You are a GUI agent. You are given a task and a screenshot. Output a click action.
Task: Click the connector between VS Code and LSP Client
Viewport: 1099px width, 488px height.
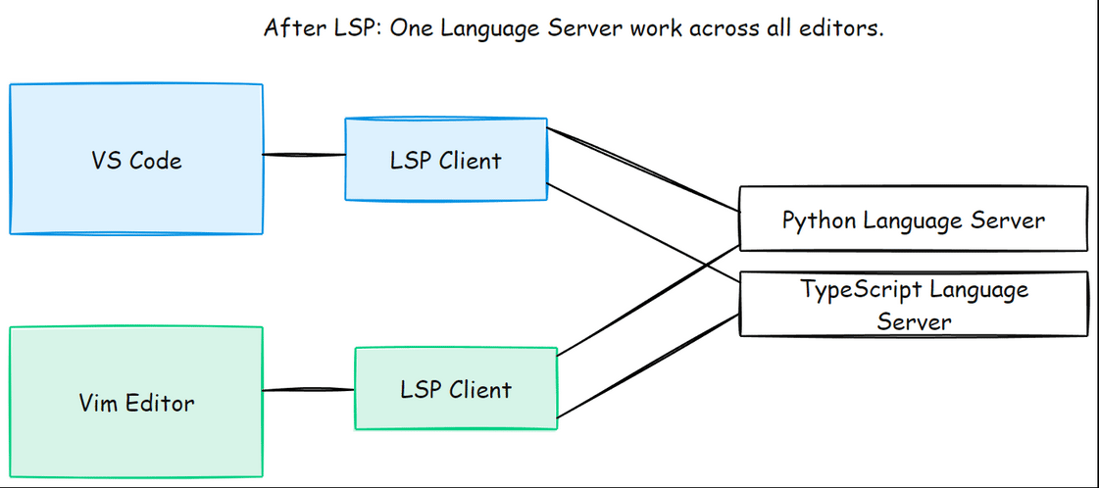click(x=304, y=154)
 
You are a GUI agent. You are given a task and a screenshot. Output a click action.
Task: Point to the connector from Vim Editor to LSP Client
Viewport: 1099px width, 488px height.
click(x=308, y=390)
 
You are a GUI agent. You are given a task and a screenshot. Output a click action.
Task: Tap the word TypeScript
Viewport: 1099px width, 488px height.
click(x=862, y=290)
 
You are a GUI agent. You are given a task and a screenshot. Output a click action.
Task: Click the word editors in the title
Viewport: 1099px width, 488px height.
click(x=847, y=27)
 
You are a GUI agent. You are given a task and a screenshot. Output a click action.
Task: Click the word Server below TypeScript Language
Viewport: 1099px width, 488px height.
click(x=914, y=320)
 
